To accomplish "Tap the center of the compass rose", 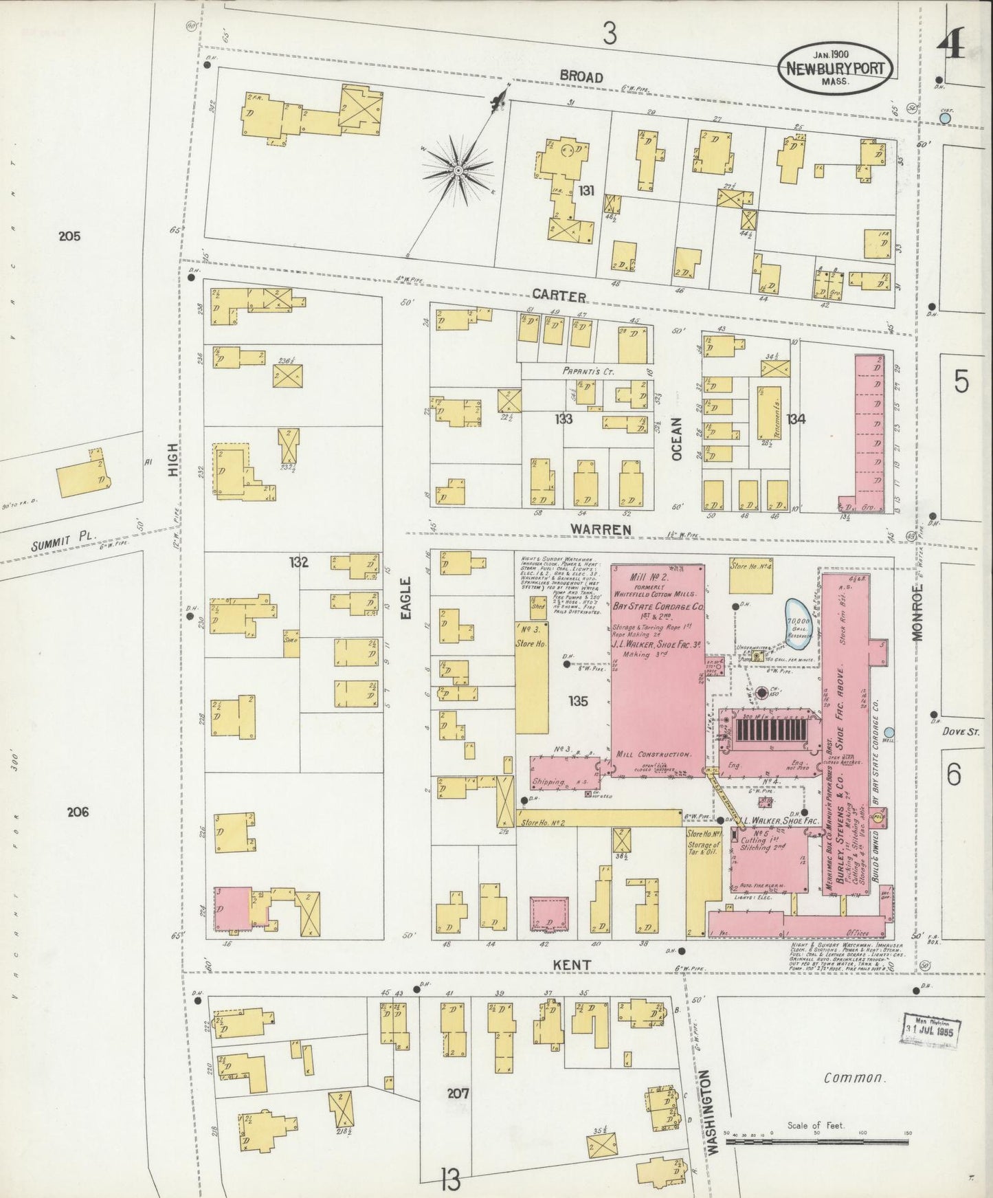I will pyautogui.click(x=458, y=169).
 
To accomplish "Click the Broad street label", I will pyautogui.click(x=581, y=77).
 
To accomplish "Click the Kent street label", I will pyautogui.click(x=572, y=965).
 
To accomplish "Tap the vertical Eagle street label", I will pyautogui.click(x=405, y=599).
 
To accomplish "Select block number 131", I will pyautogui.click(x=585, y=190).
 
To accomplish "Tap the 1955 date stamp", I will pyautogui.click(x=933, y=1029).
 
